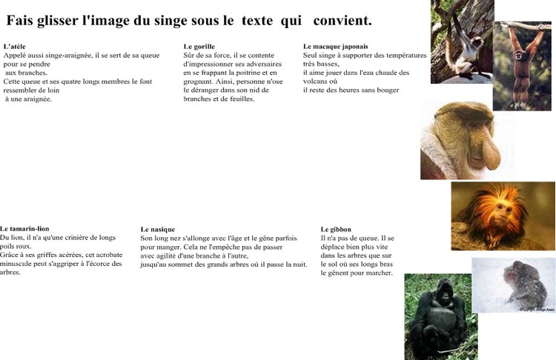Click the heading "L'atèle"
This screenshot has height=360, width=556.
pyautogui.click(x=15, y=47)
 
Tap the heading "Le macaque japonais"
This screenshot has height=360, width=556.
pyautogui.click(x=335, y=47)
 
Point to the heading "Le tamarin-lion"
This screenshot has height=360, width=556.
pyautogui.click(x=24, y=229)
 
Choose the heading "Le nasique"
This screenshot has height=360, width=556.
pyautogui.click(x=157, y=230)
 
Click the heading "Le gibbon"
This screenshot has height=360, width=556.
pyautogui.click(x=336, y=230)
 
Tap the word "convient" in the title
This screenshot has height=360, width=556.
pyautogui.click(x=339, y=20)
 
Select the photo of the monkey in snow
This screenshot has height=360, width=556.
pyautogui.click(x=513, y=285)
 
